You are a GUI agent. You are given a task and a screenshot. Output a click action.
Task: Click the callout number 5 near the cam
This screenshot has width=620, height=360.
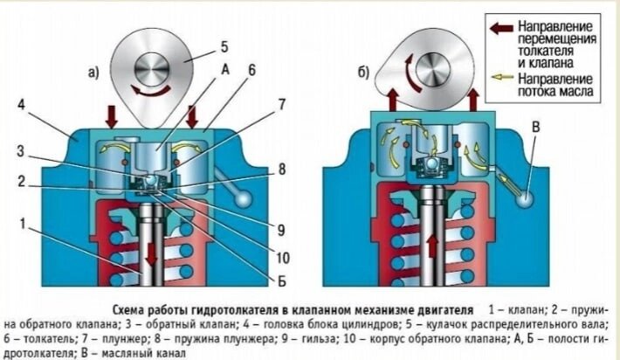point(224,45)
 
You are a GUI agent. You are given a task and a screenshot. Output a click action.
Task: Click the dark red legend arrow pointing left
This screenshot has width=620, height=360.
point(500,28)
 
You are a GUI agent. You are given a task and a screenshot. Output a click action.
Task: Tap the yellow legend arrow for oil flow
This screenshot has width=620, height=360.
point(500,78)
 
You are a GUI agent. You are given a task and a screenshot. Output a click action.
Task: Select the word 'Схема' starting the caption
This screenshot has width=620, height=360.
point(132,310)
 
